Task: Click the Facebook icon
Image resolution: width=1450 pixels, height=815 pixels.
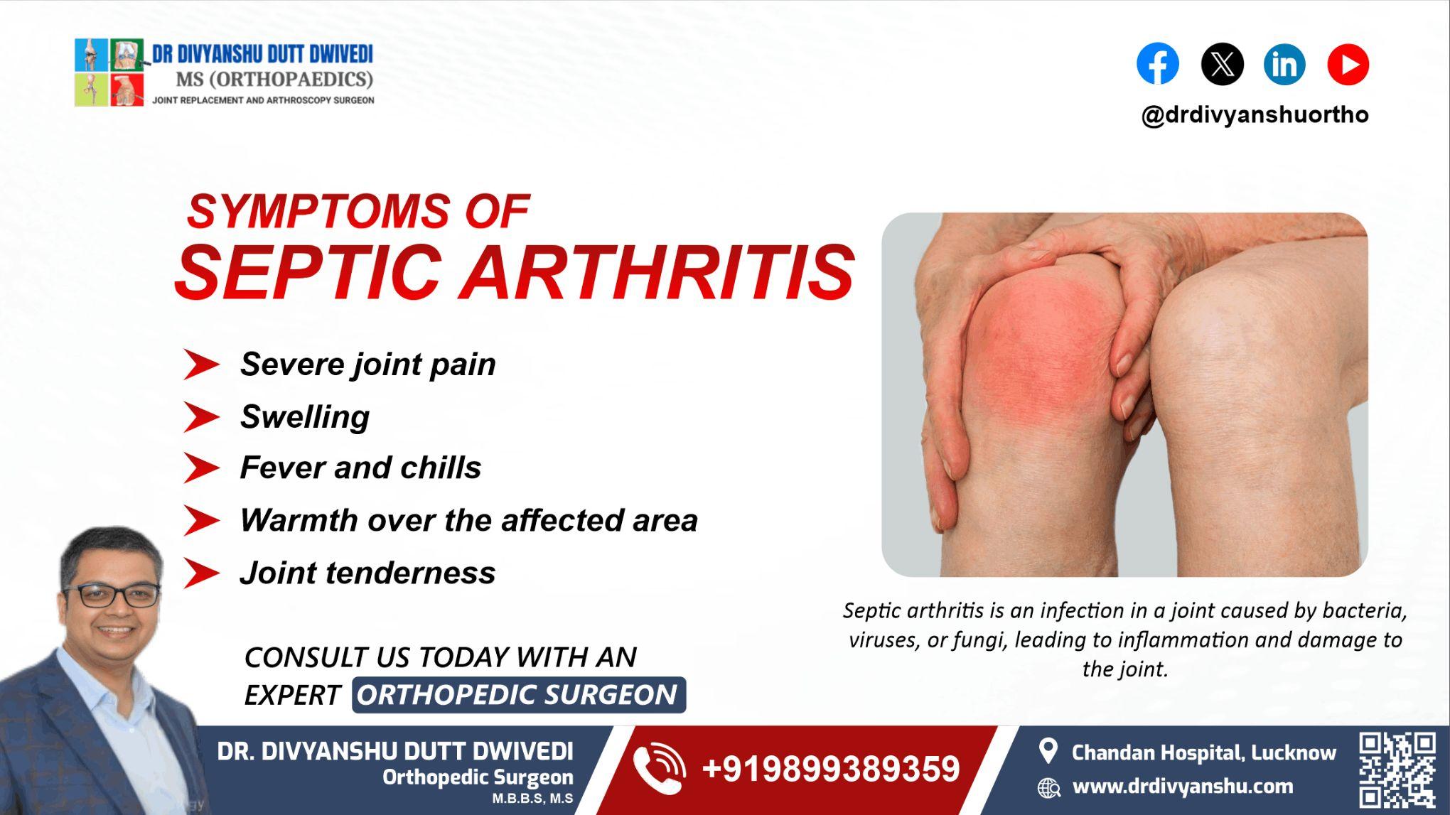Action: (x=1157, y=64)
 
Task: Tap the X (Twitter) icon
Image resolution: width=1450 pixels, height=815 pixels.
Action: (x=1222, y=64)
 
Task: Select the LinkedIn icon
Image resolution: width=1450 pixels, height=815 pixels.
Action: (x=1284, y=64)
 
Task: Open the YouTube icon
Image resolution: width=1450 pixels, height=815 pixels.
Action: (x=1348, y=64)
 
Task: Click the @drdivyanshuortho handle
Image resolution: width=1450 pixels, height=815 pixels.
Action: (x=1255, y=115)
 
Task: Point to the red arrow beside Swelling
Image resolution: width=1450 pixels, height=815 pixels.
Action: (x=201, y=417)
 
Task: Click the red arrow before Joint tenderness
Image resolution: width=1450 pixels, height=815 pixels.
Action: (x=201, y=573)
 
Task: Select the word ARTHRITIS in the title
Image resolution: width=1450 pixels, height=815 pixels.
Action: (x=657, y=272)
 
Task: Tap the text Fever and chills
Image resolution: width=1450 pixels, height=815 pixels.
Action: (x=360, y=468)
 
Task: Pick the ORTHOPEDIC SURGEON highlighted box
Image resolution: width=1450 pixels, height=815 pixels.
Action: (x=518, y=695)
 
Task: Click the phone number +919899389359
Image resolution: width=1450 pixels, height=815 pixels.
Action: (x=830, y=770)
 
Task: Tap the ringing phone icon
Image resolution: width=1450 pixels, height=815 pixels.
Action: (x=659, y=768)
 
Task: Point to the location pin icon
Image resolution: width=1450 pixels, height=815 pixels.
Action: (x=1048, y=751)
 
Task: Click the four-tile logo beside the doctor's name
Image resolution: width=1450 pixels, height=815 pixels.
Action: (x=109, y=72)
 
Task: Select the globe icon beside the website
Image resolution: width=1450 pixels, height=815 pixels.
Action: (x=1048, y=787)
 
